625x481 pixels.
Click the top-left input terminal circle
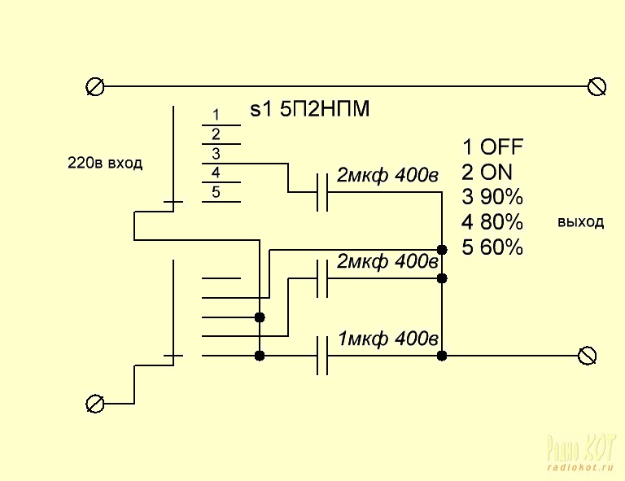[95, 85]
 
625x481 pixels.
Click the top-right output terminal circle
[598, 85]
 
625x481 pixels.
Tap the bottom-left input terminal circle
[95, 403]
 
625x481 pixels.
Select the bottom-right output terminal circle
[587, 356]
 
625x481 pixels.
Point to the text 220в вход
[104, 164]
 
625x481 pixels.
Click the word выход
[581, 222]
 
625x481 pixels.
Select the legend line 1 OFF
[492, 147]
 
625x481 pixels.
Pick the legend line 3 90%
[492, 198]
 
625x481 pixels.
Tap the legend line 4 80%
[492, 223]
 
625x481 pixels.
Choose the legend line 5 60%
[492, 248]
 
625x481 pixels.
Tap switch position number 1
[216, 115]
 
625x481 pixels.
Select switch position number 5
[216, 192]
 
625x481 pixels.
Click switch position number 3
[216, 153]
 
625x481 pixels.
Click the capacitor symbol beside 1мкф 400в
[322, 356]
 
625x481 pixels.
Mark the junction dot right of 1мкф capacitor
[442, 356]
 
